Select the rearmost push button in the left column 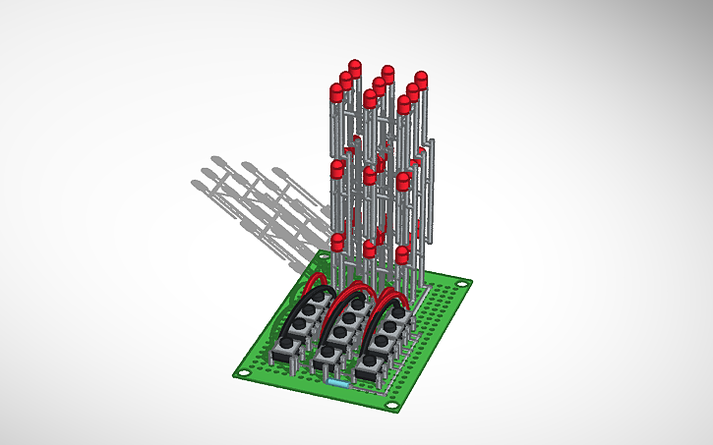click(x=313, y=306)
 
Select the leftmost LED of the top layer click(x=336, y=92)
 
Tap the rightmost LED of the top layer click(x=422, y=79)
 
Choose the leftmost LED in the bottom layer click(x=338, y=242)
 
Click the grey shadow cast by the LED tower click(x=256, y=201)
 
